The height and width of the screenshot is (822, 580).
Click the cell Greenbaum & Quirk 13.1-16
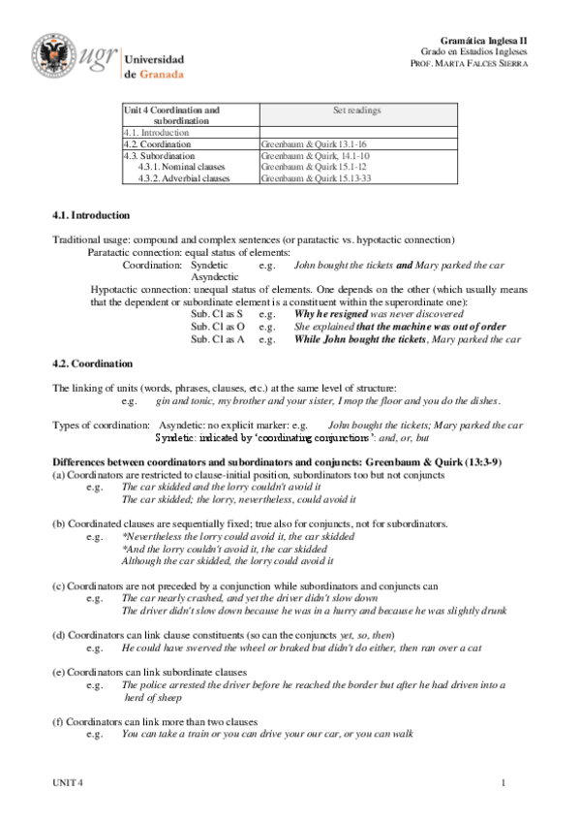pos(307,143)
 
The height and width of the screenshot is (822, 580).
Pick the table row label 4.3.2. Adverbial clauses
pos(184,178)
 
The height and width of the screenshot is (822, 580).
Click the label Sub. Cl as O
pos(217,327)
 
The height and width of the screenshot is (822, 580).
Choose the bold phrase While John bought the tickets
pos(359,339)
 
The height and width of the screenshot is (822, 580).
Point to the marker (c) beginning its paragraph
pos(58,585)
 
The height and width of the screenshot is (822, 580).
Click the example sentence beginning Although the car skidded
pos(228,560)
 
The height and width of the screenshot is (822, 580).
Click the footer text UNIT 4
pos(68,782)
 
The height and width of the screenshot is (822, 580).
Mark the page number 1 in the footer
pos(504,782)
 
